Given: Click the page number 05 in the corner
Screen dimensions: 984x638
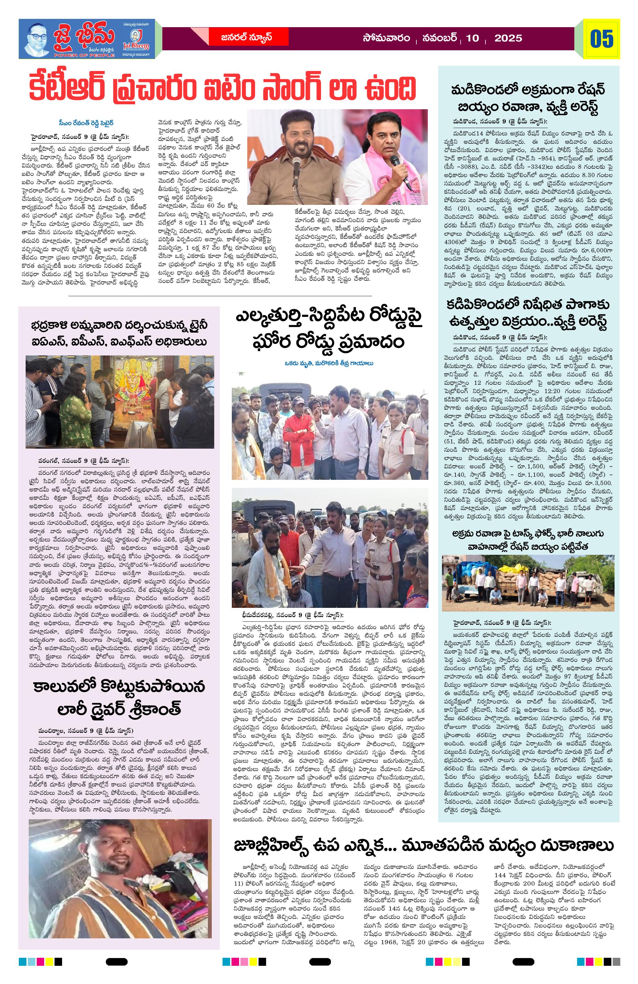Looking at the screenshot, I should [x=601, y=39].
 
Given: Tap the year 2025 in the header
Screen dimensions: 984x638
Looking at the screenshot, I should [x=508, y=39].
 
